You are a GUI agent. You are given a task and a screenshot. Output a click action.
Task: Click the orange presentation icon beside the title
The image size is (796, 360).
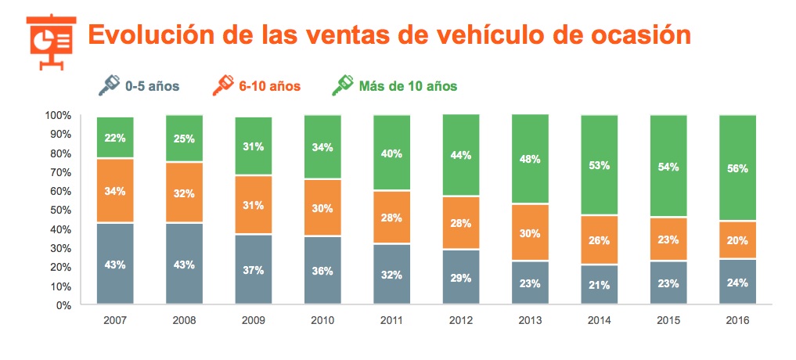coord(49,38)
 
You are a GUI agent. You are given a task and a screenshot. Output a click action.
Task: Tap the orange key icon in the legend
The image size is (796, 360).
coord(223,85)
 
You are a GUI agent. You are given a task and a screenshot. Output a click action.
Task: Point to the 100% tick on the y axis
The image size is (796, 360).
coord(59,116)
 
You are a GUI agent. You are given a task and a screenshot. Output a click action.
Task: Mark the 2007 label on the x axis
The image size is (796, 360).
coord(115,320)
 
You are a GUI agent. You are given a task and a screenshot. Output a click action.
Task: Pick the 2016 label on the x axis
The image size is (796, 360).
coord(737,320)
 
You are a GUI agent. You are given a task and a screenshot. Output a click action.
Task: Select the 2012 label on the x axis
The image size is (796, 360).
coord(461,320)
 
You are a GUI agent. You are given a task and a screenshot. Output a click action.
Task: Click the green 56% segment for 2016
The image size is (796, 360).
coord(737,168)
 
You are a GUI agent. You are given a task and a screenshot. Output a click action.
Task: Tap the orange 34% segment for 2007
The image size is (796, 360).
coord(115,191)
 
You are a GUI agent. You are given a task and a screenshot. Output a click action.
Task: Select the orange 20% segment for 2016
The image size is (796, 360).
coord(737,240)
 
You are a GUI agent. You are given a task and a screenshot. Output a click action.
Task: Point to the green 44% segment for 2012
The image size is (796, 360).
coord(461,156)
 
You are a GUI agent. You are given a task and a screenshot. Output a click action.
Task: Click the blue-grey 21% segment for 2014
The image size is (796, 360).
coord(600,284)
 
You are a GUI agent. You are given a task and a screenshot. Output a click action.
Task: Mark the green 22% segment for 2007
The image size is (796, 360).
coord(115,138)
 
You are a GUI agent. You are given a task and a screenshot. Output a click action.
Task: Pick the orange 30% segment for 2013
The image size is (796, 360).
coord(530,232)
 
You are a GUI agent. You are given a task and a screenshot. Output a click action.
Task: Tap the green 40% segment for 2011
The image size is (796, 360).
coord(392,153)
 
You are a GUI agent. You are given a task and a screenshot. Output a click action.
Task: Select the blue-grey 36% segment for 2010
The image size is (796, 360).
coord(322,270)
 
